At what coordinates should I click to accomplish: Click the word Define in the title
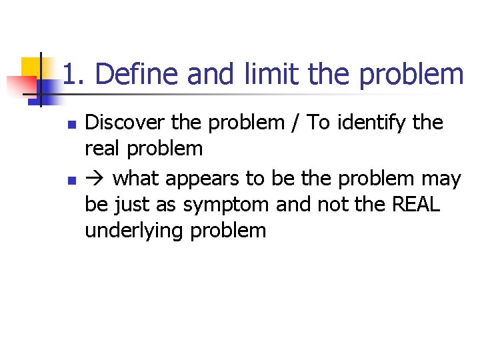[137, 75]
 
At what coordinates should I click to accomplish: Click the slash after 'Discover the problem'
[294, 123]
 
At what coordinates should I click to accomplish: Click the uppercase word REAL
[416, 205]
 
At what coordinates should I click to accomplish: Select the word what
[137, 179]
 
